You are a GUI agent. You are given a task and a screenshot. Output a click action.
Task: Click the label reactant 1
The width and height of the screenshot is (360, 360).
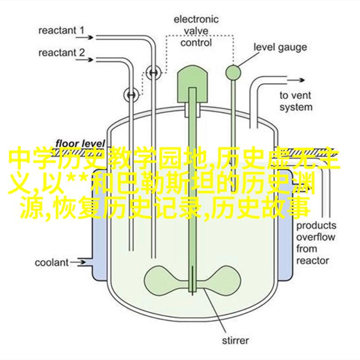coord(61,30)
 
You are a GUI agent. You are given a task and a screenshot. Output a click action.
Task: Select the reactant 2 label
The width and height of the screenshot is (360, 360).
coord(62,53)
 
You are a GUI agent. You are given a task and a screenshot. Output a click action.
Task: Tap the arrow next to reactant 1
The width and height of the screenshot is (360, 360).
coord(85,37)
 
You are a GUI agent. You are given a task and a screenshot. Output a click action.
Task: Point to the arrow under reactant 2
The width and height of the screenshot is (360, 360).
coord(85,60)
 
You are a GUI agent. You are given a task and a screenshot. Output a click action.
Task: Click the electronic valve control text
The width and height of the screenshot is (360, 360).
coord(196,31)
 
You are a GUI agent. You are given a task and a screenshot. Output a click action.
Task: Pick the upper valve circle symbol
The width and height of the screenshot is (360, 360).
coord(153,73)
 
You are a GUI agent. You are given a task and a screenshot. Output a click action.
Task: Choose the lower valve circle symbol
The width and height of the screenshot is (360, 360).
coord(131,94)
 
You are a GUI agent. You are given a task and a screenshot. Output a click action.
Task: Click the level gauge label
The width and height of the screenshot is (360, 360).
coord(280,48)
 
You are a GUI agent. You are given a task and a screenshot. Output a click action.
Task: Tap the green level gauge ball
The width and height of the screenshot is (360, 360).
coord(233,73)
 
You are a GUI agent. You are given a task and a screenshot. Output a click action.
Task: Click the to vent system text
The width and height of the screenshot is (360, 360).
coord(296,101)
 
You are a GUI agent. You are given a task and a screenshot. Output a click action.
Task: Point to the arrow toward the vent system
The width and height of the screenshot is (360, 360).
coord(296,80)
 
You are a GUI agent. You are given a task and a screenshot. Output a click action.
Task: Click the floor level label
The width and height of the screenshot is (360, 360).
coord(80,144)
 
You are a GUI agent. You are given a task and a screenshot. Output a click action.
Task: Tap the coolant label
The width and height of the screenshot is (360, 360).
coord(52,263)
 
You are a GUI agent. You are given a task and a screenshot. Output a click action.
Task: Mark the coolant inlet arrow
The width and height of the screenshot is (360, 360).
coord(78,263)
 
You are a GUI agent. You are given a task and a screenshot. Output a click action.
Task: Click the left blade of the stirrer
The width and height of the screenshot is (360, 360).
coord(166,280)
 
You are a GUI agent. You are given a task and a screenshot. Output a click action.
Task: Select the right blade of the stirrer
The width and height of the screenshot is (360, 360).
coord(219,280)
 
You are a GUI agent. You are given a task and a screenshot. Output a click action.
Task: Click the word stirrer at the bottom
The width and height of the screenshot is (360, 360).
coord(235,341)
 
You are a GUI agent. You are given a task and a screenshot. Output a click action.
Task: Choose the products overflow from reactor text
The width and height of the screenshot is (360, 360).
coord(316,243)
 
